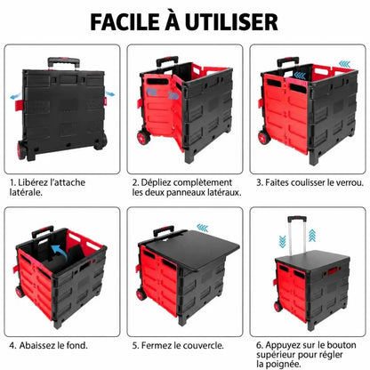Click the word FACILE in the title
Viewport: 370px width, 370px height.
click(125, 21)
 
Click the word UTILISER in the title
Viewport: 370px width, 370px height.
click(232, 21)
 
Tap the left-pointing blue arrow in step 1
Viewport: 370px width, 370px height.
click(15, 96)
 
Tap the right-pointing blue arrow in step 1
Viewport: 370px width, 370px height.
click(110, 94)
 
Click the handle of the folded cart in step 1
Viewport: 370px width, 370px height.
click(64, 62)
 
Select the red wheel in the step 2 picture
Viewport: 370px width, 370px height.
click(143, 138)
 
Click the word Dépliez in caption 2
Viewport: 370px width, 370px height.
click(157, 182)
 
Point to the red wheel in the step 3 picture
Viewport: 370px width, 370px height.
click(264, 138)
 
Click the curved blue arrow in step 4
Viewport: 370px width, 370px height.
click(60, 252)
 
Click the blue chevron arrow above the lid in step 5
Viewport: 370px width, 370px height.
click(203, 228)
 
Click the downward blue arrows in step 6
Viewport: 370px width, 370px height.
click(283, 241)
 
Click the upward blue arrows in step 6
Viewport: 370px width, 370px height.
click(312, 236)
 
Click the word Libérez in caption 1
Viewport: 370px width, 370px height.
click(33, 182)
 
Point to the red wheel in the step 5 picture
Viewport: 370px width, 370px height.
click(141, 294)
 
